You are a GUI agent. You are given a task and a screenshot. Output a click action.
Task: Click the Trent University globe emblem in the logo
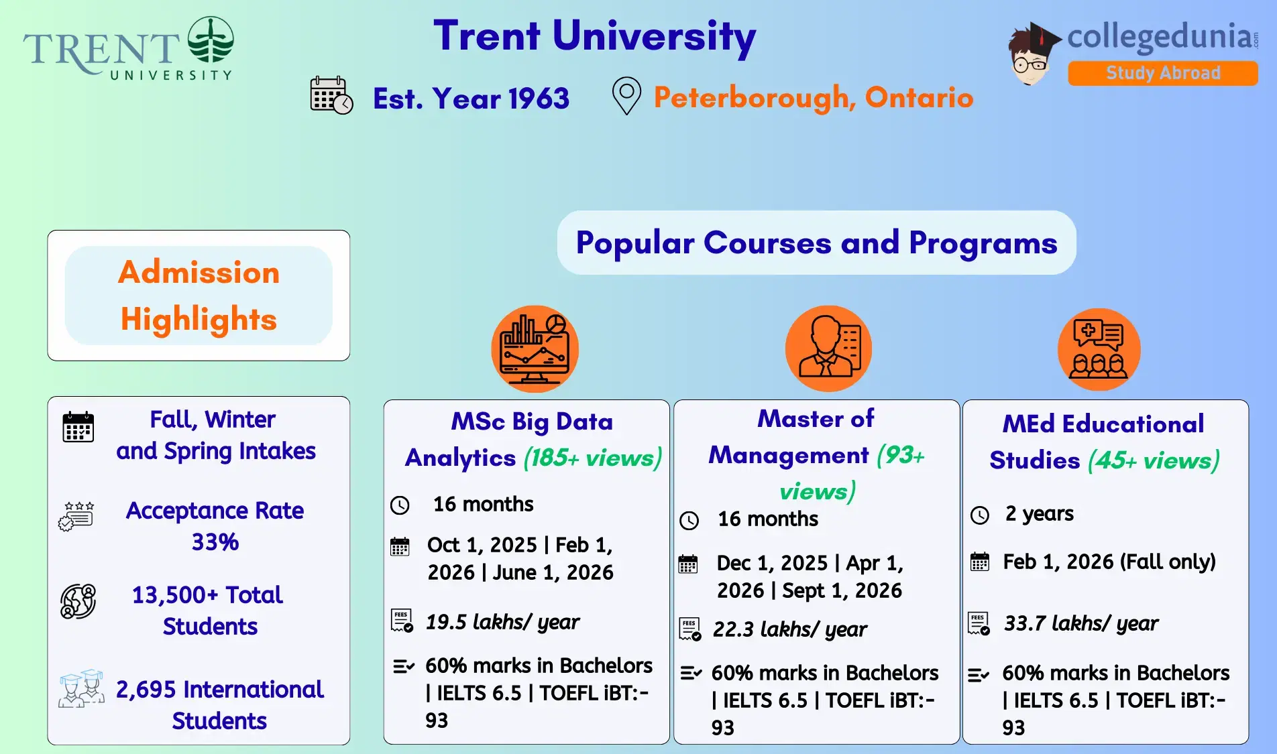[x=211, y=40]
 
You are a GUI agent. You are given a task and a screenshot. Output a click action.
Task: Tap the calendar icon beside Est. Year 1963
[x=331, y=95]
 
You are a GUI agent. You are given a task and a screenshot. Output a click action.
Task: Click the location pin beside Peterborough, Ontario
[x=626, y=96]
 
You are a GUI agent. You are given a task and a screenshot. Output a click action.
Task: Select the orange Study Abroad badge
[x=1162, y=73]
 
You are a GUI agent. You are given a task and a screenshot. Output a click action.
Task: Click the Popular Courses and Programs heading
[x=816, y=243]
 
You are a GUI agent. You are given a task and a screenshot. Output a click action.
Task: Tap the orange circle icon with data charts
[x=535, y=349]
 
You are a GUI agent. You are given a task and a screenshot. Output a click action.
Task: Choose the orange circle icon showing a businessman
[x=828, y=349]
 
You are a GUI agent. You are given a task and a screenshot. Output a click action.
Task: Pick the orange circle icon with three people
[x=1099, y=349]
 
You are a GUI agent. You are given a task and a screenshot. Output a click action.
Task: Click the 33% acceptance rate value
[x=215, y=542]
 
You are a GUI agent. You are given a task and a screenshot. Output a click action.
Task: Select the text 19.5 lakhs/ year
[x=502, y=622]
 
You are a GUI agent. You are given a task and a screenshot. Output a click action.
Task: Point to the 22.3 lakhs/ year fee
[x=789, y=629]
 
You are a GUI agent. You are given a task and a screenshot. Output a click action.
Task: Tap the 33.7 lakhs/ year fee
[x=1080, y=623]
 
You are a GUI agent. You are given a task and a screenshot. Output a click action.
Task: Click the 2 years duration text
[x=1039, y=513]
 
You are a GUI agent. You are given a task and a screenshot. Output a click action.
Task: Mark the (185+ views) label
[x=592, y=458]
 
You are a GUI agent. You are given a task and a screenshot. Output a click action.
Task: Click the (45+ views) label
[x=1154, y=460]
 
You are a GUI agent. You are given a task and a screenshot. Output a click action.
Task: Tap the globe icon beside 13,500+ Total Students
[x=78, y=601]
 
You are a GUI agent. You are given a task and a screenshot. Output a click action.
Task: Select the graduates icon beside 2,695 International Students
[x=81, y=689]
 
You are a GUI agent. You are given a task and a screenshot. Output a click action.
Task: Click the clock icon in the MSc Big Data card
[x=400, y=505]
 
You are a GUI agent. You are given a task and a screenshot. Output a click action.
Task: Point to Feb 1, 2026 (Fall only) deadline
[x=1109, y=562]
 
